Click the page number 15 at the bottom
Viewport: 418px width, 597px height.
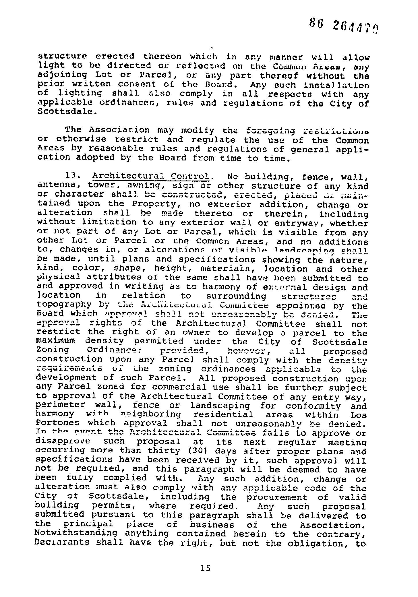coord(206,568)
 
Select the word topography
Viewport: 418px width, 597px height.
coord(64,304)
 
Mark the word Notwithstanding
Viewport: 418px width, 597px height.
coord(76,533)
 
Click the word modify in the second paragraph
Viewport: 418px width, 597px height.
coord(198,131)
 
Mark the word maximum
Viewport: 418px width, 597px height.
coord(56,341)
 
